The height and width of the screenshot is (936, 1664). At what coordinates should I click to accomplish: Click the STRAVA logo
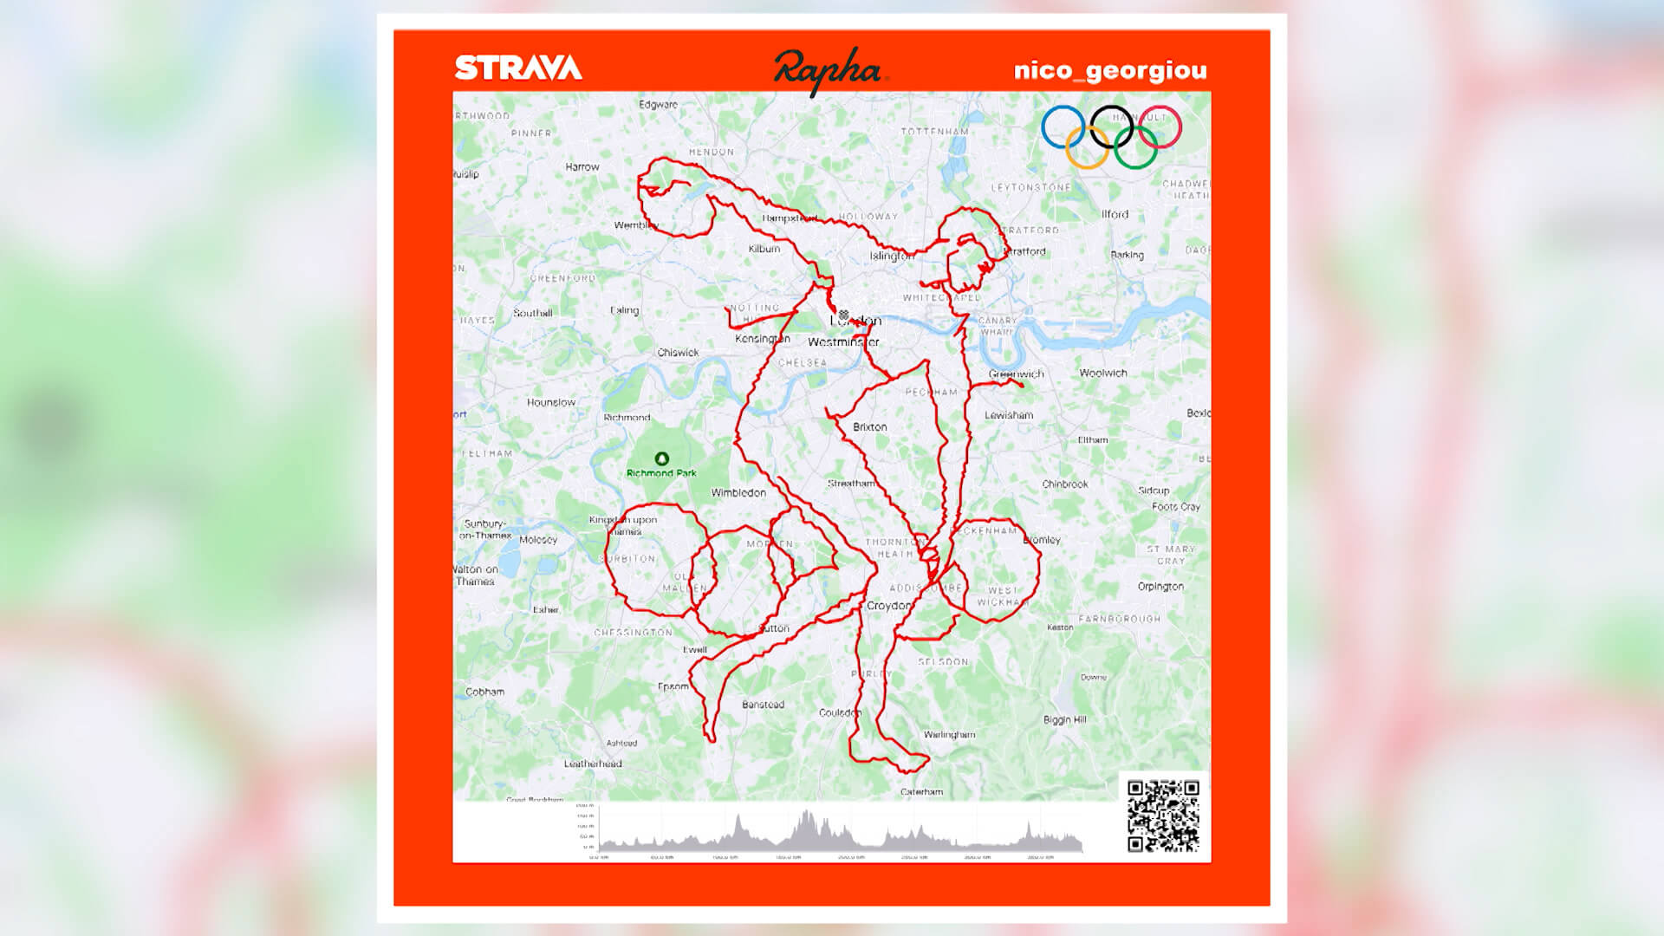click(518, 68)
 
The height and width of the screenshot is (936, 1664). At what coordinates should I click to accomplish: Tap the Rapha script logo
click(827, 70)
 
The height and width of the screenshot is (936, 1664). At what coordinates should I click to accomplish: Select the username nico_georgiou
click(1110, 70)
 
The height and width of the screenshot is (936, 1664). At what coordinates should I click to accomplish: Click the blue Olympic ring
click(1063, 127)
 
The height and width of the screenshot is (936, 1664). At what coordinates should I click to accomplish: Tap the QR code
click(1163, 816)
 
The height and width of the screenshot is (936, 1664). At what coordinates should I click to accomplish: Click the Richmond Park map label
click(661, 472)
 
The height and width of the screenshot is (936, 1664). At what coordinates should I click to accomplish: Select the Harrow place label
click(582, 166)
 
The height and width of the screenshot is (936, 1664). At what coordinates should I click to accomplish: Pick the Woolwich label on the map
click(1102, 373)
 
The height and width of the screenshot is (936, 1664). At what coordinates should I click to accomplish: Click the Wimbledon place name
click(738, 492)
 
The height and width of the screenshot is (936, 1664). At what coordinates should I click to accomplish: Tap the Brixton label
click(869, 426)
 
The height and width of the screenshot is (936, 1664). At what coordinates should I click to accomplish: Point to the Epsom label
click(673, 686)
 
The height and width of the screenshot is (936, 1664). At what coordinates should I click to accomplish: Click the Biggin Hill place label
click(1064, 719)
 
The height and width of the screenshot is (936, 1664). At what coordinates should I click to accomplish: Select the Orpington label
click(1160, 586)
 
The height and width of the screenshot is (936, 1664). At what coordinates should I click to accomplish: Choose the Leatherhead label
click(593, 764)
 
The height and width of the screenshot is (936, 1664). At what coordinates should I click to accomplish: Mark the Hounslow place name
click(550, 402)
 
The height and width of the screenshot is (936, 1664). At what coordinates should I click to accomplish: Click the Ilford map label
click(1115, 214)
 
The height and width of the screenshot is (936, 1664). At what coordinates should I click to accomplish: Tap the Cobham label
click(484, 692)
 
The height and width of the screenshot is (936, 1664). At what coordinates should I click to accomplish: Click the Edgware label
click(658, 104)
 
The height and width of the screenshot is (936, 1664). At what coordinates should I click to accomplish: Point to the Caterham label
click(921, 791)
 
